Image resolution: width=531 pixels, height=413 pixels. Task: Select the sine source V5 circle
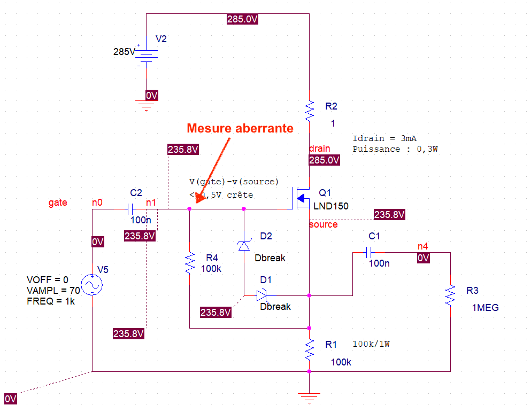pyautogui.click(x=92, y=286)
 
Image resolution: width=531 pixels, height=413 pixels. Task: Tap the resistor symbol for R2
pyautogui.click(x=309, y=110)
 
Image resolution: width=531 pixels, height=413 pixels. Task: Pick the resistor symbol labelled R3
pyautogui.click(x=450, y=294)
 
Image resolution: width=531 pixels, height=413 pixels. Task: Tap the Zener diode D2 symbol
pyautogui.click(x=244, y=245)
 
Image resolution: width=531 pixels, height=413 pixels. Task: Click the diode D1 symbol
pyautogui.click(x=261, y=295)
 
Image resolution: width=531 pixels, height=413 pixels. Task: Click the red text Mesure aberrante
pyautogui.click(x=240, y=128)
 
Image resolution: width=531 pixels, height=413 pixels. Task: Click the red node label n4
pyautogui.click(x=423, y=247)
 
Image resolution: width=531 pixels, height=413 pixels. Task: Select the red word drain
pyautogui.click(x=320, y=149)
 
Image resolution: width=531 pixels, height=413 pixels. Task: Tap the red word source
pyautogui.click(x=324, y=224)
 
